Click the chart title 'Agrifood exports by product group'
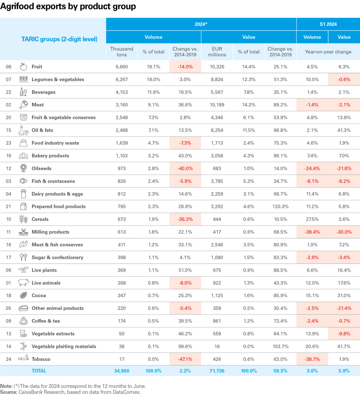tap(68, 7)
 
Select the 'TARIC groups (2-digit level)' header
tap(59, 39)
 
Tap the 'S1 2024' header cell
tap(328, 24)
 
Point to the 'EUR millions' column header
tap(217, 52)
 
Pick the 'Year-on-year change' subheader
tap(328, 52)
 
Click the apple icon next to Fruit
tap(23, 66)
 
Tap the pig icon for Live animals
tap(23, 283)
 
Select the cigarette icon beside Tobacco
tap(23, 359)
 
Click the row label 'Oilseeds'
tap(42, 169)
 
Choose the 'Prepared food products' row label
tap(58, 207)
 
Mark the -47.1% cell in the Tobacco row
tap(185, 359)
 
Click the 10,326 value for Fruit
tap(216, 66)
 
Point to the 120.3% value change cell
tap(280, 207)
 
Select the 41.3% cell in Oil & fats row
tap(344, 130)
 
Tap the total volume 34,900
tap(122, 371)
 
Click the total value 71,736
tap(216, 371)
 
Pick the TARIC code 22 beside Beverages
tap(8, 92)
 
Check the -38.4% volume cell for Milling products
tap(312, 232)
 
